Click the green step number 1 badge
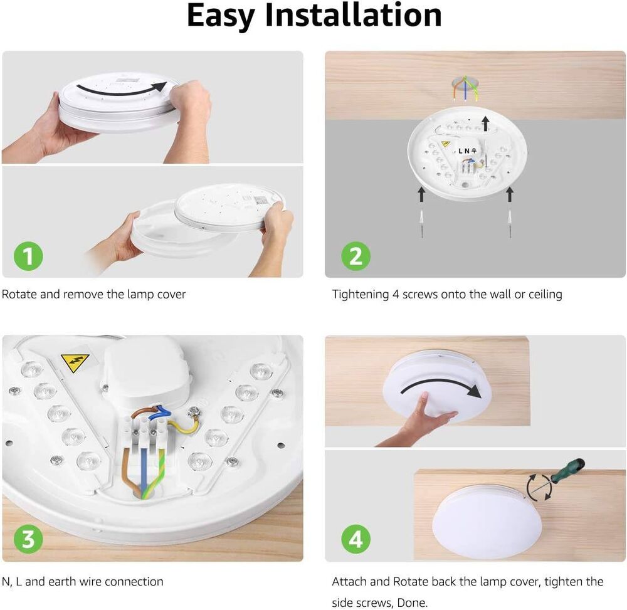click(28, 256)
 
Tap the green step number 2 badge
click(356, 256)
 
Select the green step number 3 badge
click(28, 539)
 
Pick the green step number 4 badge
click(356, 539)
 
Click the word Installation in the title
click(354, 15)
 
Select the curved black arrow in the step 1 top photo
click(120, 90)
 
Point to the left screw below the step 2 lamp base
click(422, 224)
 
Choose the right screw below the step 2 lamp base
click(510, 224)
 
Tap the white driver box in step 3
click(146, 374)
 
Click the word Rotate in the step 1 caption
click(19, 294)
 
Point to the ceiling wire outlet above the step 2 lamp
click(465, 85)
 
